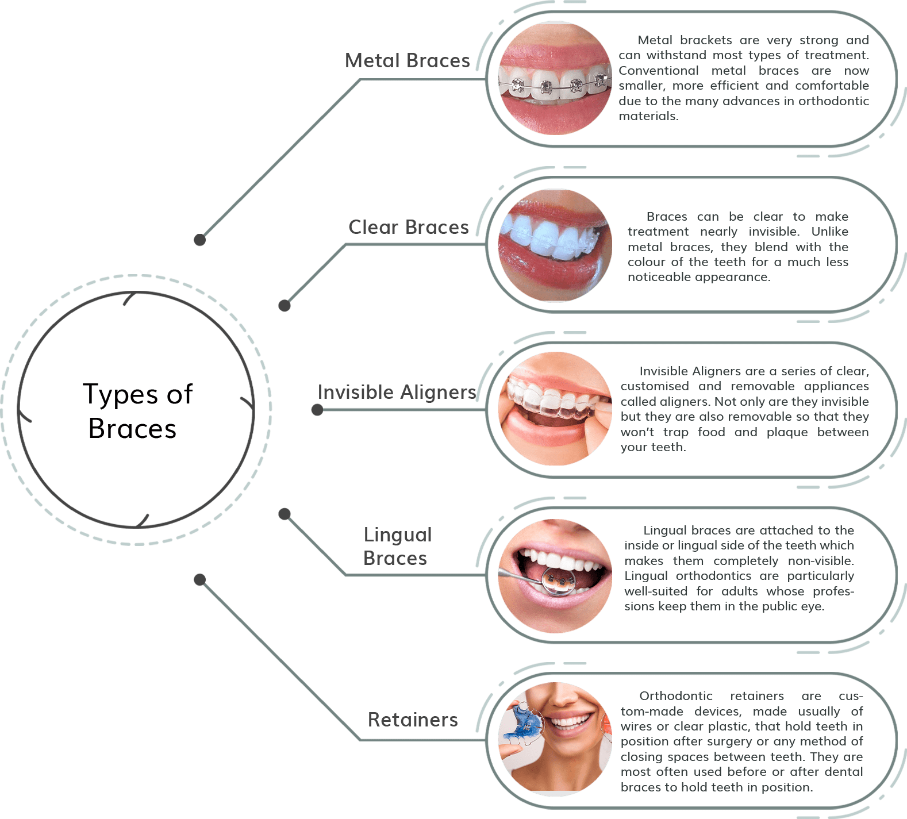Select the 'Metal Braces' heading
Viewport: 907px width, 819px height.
pos(407,60)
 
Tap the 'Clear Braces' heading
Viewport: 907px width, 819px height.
pos(408,227)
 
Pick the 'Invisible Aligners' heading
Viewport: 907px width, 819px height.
pos(397,392)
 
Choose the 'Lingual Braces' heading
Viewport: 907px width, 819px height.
pos(397,546)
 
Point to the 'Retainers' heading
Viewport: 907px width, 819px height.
pos(413,720)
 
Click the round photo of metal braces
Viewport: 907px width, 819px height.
pos(555,79)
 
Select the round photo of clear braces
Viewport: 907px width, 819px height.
pos(555,245)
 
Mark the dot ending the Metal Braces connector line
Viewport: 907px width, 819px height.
pos(199,240)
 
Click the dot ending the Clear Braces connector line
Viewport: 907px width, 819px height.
pos(285,305)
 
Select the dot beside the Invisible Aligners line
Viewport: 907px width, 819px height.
pos(317,410)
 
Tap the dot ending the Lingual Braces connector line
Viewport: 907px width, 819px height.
pos(285,513)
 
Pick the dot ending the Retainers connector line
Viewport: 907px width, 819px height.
pos(199,579)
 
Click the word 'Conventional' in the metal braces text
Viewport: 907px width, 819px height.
pos(659,71)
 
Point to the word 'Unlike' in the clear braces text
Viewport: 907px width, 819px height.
pos(829,232)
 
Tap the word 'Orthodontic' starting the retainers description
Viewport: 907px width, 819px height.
pos(675,696)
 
